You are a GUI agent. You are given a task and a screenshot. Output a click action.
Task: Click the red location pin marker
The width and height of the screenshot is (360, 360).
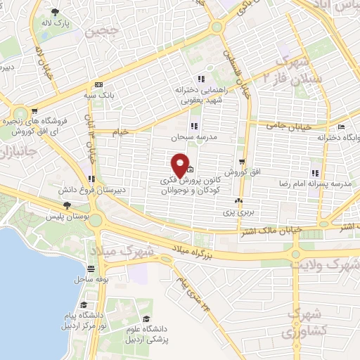(x=180, y=165)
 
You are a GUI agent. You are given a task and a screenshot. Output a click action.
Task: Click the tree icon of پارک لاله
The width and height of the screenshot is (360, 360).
(x=56, y=12)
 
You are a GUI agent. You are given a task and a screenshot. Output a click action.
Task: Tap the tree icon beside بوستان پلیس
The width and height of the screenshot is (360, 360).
(x=67, y=205)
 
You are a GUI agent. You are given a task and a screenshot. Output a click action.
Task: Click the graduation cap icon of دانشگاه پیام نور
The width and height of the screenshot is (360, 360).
(x=84, y=305)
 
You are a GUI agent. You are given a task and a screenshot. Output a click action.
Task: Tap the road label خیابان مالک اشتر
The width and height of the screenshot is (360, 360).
(x=281, y=230)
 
